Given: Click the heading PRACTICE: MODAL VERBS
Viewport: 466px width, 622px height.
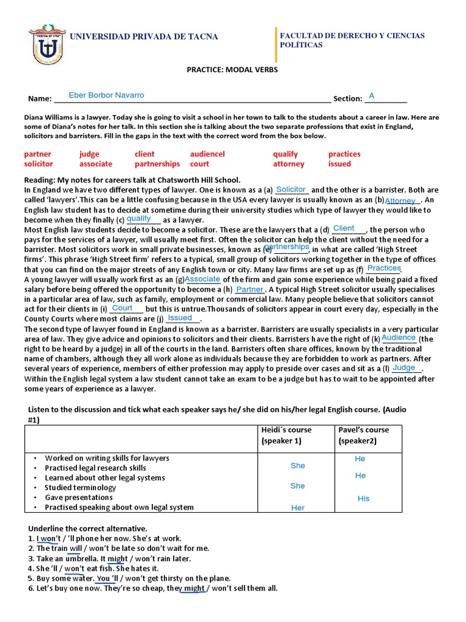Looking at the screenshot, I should click(232, 70).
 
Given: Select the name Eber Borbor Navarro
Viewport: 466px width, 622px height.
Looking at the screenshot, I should click(107, 95).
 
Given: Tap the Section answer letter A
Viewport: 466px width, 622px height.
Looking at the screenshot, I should click(372, 96).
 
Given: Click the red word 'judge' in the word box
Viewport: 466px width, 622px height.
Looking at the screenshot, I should click(89, 154).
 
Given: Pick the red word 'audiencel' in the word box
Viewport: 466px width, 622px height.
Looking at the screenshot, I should click(207, 154).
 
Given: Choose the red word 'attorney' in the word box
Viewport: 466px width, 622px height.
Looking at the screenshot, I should click(288, 164).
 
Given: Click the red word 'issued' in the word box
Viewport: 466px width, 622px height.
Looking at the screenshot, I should click(339, 164).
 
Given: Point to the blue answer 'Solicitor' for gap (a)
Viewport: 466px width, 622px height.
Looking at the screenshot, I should click(291, 190).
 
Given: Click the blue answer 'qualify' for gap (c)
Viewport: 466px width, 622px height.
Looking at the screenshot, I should click(139, 219).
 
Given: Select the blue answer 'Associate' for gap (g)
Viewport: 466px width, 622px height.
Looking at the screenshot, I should click(203, 279).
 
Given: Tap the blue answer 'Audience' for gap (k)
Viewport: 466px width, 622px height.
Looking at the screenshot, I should click(399, 338).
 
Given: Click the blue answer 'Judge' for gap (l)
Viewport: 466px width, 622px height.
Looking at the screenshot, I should click(404, 367).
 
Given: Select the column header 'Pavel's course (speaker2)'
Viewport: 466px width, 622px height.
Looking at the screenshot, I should click(363, 435).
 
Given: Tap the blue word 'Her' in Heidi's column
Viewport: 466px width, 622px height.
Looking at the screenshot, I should click(298, 508).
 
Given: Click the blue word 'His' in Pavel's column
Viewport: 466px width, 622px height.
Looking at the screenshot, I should click(363, 498).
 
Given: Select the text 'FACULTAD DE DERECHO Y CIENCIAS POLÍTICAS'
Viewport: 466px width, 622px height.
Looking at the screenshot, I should click(352, 41).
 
